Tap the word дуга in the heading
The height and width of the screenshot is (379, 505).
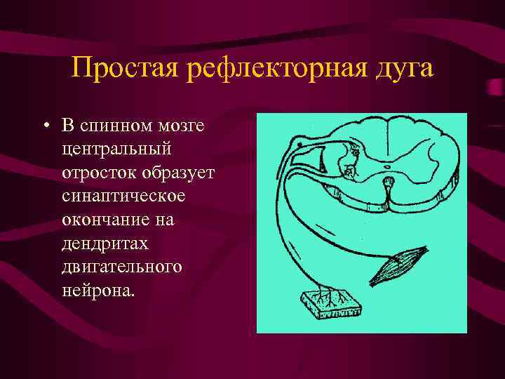coord(405,69)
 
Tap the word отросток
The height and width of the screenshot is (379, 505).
coord(94,173)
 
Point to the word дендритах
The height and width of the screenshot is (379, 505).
coord(97,244)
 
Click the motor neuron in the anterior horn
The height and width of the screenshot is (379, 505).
coord(349,168)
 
